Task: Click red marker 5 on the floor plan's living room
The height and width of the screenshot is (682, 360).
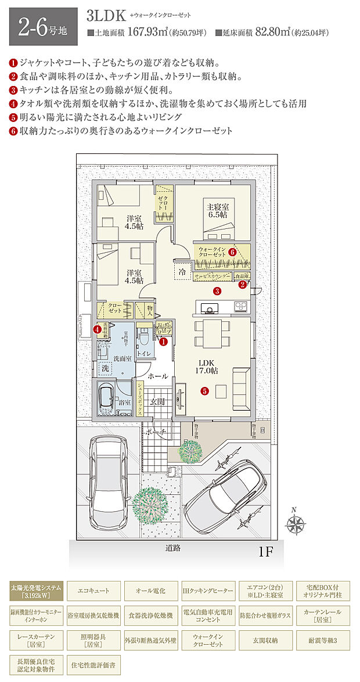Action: [204, 391]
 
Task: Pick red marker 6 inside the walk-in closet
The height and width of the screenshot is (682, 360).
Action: [232, 252]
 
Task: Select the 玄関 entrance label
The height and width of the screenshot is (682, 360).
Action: [158, 401]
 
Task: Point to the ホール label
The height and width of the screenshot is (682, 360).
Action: [158, 376]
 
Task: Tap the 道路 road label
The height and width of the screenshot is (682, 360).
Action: [172, 548]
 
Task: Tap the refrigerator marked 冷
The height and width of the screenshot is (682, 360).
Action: [182, 271]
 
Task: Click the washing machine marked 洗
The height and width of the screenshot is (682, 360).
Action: [105, 368]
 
